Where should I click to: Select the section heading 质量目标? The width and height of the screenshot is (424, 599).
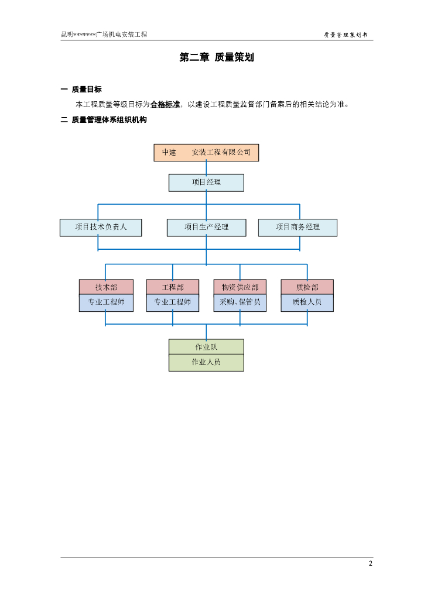pyautogui.click(x=87, y=89)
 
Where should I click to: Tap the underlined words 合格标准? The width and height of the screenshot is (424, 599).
pyautogui.click(x=165, y=105)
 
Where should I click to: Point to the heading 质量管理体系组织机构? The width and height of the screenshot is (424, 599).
pyautogui.click(x=109, y=120)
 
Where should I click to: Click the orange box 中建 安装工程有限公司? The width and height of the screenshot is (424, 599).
pyautogui.click(x=206, y=153)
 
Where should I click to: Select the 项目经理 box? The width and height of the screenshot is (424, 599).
pyautogui.click(x=206, y=183)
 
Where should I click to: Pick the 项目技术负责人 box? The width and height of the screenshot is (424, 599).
pyautogui.click(x=101, y=228)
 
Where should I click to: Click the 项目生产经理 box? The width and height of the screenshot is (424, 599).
pyautogui.click(x=206, y=228)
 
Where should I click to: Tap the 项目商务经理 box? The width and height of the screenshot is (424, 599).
pyautogui.click(x=298, y=228)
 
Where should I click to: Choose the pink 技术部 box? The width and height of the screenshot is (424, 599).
pyautogui.click(x=106, y=287)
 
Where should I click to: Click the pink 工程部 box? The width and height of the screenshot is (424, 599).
pyautogui.click(x=173, y=287)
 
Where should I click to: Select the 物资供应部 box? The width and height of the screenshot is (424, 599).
pyautogui.click(x=240, y=287)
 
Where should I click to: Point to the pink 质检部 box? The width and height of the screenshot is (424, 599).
pyautogui.click(x=307, y=287)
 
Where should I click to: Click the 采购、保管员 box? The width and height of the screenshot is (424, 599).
pyautogui.click(x=240, y=302)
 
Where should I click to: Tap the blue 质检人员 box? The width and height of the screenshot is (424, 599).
pyautogui.click(x=307, y=302)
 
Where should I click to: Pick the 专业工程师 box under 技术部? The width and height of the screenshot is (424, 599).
pyautogui.click(x=106, y=302)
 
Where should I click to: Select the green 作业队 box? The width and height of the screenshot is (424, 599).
pyautogui.click(x=206, y=347)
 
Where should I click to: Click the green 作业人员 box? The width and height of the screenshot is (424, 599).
pyautogui.click(x=206, y=363)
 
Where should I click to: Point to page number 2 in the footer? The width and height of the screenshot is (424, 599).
pyautogui.click(x=370, y=564)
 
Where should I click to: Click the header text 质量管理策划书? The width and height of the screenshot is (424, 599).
pyautogui.click(x=346, y=35)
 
